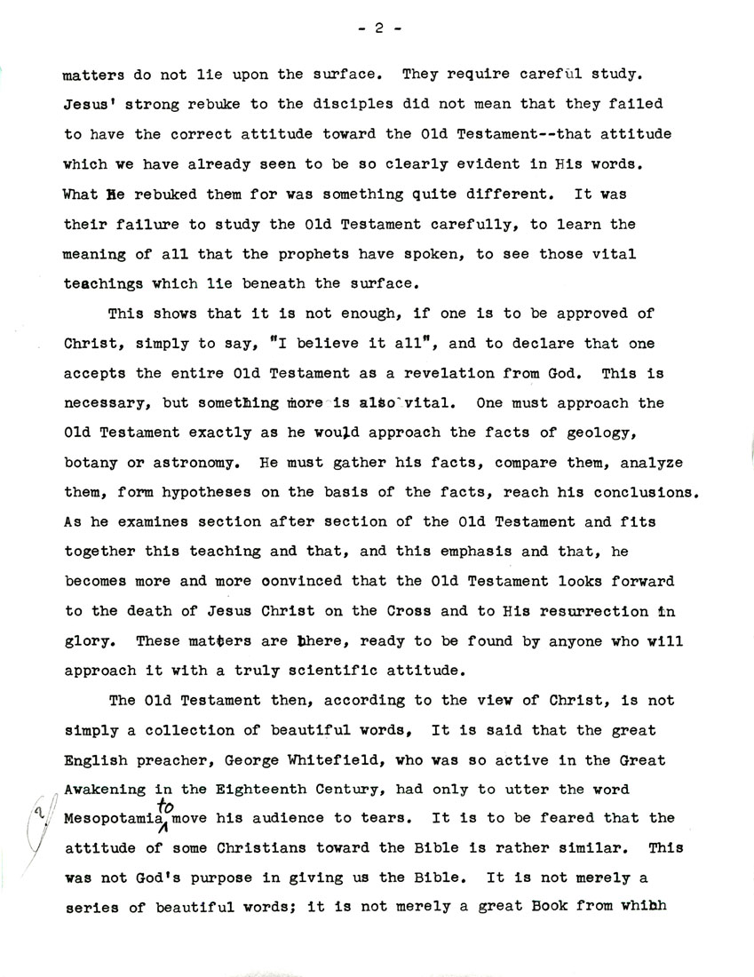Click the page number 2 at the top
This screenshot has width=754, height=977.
377,29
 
